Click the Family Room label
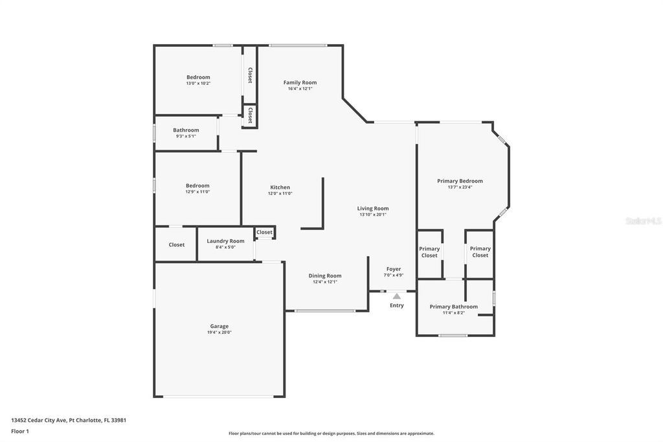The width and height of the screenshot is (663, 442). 300,82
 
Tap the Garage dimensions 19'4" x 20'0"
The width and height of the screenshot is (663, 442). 219,332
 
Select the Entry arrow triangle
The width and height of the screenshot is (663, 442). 396,296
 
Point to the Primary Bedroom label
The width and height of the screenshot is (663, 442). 460,181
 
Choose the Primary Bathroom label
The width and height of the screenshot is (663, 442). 453,307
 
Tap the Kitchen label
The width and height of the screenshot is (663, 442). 280,187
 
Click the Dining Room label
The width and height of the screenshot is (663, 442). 324,275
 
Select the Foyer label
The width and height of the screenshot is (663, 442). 394,269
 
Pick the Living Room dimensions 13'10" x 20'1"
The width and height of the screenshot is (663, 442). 373,215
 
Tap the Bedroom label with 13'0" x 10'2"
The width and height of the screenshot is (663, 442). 198,77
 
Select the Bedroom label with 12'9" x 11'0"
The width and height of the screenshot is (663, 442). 197,185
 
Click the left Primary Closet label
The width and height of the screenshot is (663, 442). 429,252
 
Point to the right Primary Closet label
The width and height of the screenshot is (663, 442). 480,252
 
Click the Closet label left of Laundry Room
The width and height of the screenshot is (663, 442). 176,245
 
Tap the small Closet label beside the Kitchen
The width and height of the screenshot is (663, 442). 264,232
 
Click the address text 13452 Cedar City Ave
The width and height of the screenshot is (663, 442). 68,420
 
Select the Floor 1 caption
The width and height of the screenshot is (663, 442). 20,431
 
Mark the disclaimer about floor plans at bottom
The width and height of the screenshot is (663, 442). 331,434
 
